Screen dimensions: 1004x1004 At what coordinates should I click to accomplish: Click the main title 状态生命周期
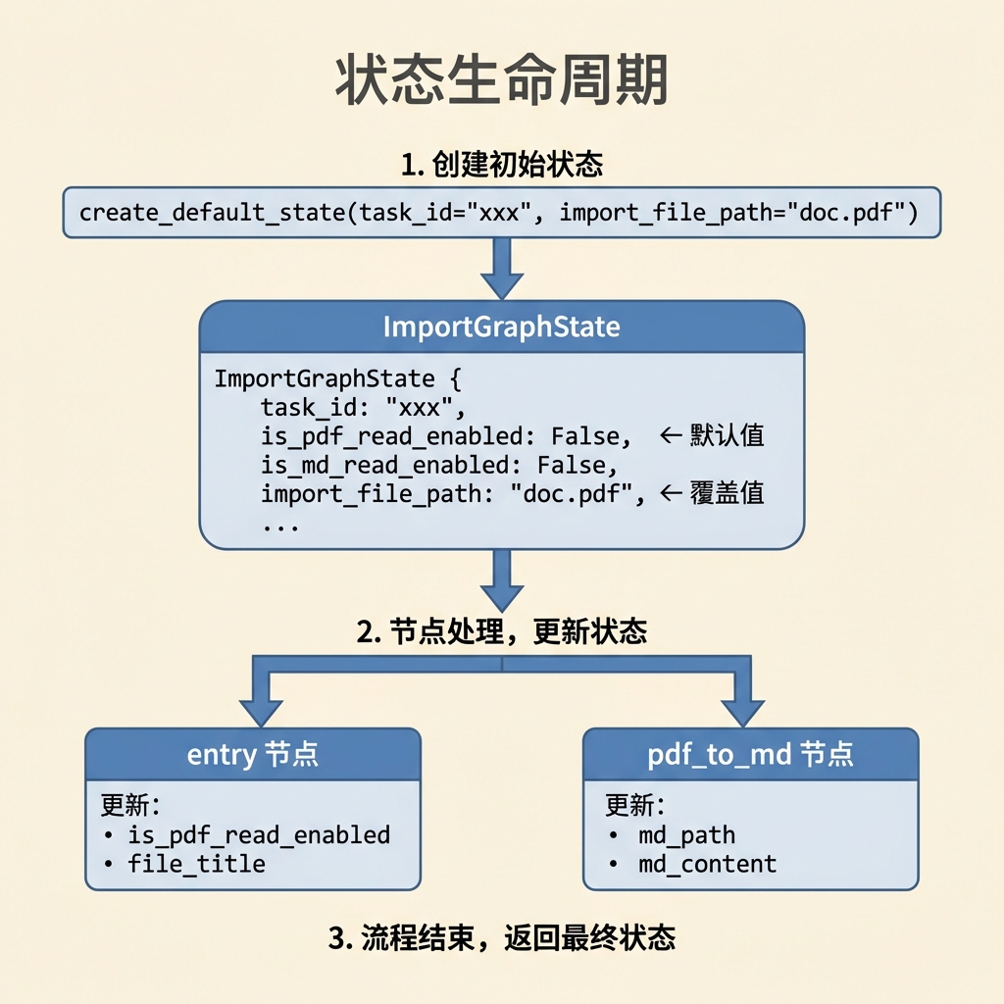click(502, 80)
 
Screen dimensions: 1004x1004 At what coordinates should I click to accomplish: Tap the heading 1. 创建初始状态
click(502, 164)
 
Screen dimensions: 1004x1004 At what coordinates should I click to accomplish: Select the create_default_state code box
click(502, 213)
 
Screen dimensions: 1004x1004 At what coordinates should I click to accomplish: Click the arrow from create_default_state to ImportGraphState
click(502, 269)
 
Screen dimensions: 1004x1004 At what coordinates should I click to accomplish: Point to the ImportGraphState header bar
click(502, 326)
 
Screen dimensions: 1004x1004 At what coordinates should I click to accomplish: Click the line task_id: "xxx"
click(363, 407)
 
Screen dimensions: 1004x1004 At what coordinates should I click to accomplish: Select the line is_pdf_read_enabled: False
click(446, 436)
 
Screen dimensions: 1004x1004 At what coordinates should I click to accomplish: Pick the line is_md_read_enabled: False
click(438, 466)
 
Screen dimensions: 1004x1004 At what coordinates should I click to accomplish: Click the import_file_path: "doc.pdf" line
click(453, 494)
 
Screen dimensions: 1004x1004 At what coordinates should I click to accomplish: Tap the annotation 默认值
click(727, 435)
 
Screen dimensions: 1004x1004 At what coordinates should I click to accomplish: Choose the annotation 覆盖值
click(727, 494)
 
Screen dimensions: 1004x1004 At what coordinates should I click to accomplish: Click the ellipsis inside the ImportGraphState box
click(280, 527)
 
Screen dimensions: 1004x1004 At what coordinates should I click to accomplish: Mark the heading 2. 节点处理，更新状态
click(502, 631)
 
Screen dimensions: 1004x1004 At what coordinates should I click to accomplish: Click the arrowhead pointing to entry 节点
click(261, 713)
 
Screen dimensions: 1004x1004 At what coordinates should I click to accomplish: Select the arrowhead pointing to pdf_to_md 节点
click(743, 713)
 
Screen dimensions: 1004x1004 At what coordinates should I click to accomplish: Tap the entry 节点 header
click(253, 754)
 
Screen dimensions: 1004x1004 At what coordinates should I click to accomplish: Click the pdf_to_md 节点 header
click(750, 754)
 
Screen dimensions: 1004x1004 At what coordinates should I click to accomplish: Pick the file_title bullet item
click(185, 865)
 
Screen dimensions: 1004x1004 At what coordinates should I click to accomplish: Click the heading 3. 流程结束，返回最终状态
click(502, 938)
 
